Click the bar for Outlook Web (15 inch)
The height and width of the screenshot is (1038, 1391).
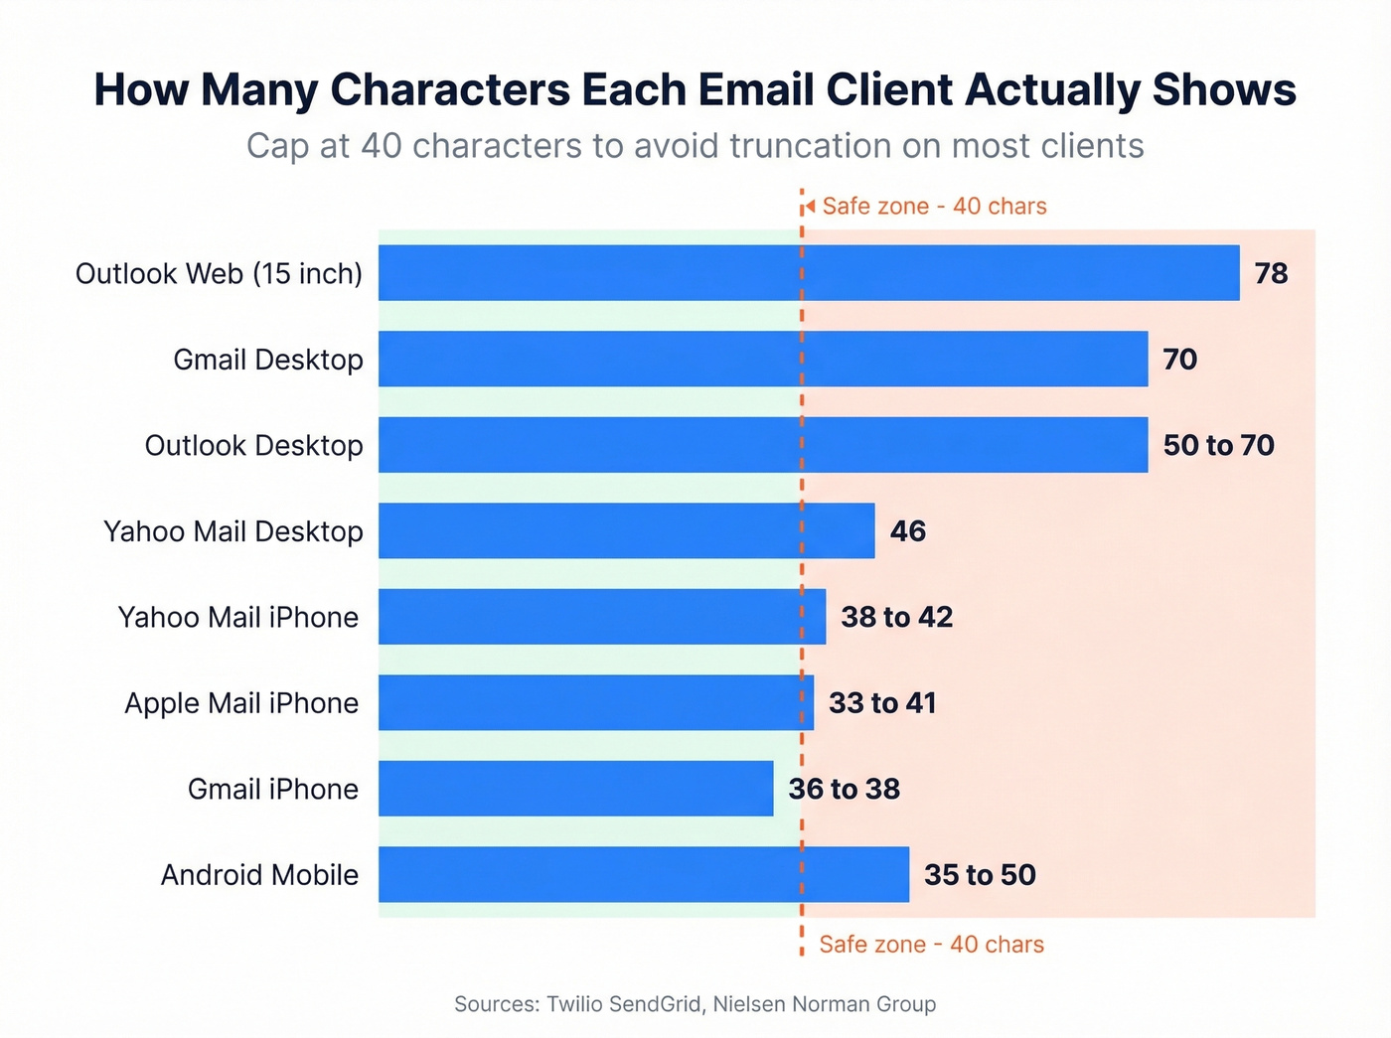point(809,273)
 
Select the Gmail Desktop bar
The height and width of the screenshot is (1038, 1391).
point(763,359)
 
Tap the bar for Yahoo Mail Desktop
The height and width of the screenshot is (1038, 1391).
point(626,530)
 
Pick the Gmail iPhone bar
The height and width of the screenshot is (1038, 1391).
point(575,789)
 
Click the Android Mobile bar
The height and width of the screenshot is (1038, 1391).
point(643,874)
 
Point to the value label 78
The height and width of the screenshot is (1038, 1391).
point(1271,273)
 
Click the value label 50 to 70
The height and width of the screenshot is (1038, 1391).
point(1218,445)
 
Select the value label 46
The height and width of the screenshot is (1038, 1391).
point(908,530)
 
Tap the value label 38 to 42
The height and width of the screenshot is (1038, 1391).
point(896,617)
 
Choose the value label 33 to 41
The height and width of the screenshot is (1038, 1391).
point(882,703)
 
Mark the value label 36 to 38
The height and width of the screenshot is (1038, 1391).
point(845,789)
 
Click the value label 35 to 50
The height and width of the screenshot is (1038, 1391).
point(980,874)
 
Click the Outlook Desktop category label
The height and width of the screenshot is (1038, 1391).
point(253,445)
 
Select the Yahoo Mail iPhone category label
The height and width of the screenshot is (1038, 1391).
point(238,617)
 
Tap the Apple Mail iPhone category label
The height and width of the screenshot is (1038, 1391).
point(241,703)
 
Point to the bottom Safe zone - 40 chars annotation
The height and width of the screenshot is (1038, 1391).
point(931,944)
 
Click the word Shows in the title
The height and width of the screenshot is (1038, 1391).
point(1224,89)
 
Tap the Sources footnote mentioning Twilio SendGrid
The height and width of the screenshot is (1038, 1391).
point(695,1003)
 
